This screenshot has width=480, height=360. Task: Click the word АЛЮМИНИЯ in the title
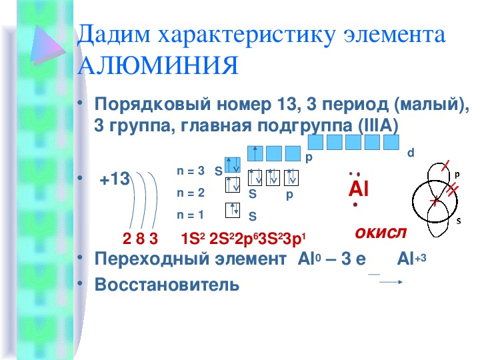click(x=158, y=65)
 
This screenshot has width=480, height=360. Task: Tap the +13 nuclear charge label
click(x=115, y=179)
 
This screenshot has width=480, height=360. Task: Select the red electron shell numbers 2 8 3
click(x=140, y=239)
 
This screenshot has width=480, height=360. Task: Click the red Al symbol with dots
click(x=358, y=189)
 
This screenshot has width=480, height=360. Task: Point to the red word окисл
click(x=381, y=233)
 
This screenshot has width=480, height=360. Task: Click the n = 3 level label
click(x=191, y=171)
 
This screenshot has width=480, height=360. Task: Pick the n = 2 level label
click(x=191, y=193)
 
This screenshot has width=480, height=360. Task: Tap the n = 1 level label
click(x=190, y=215)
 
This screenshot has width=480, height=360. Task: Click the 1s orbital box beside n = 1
click(x=233, y=210)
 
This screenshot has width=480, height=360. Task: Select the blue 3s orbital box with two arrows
click(x=233, y=165)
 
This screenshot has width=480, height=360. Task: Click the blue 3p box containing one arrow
click(x=255, y=153)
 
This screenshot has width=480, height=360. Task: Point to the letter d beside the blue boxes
click(x=411, y=153)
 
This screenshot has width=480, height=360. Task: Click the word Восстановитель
click(x=167, y=285)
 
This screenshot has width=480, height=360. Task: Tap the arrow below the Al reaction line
click(x=391, y=282)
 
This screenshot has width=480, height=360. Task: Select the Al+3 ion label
click(x=411, y=259)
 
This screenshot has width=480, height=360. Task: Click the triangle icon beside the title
click(x=47, y=45)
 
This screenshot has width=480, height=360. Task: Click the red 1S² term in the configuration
click(x=193, y=239)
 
